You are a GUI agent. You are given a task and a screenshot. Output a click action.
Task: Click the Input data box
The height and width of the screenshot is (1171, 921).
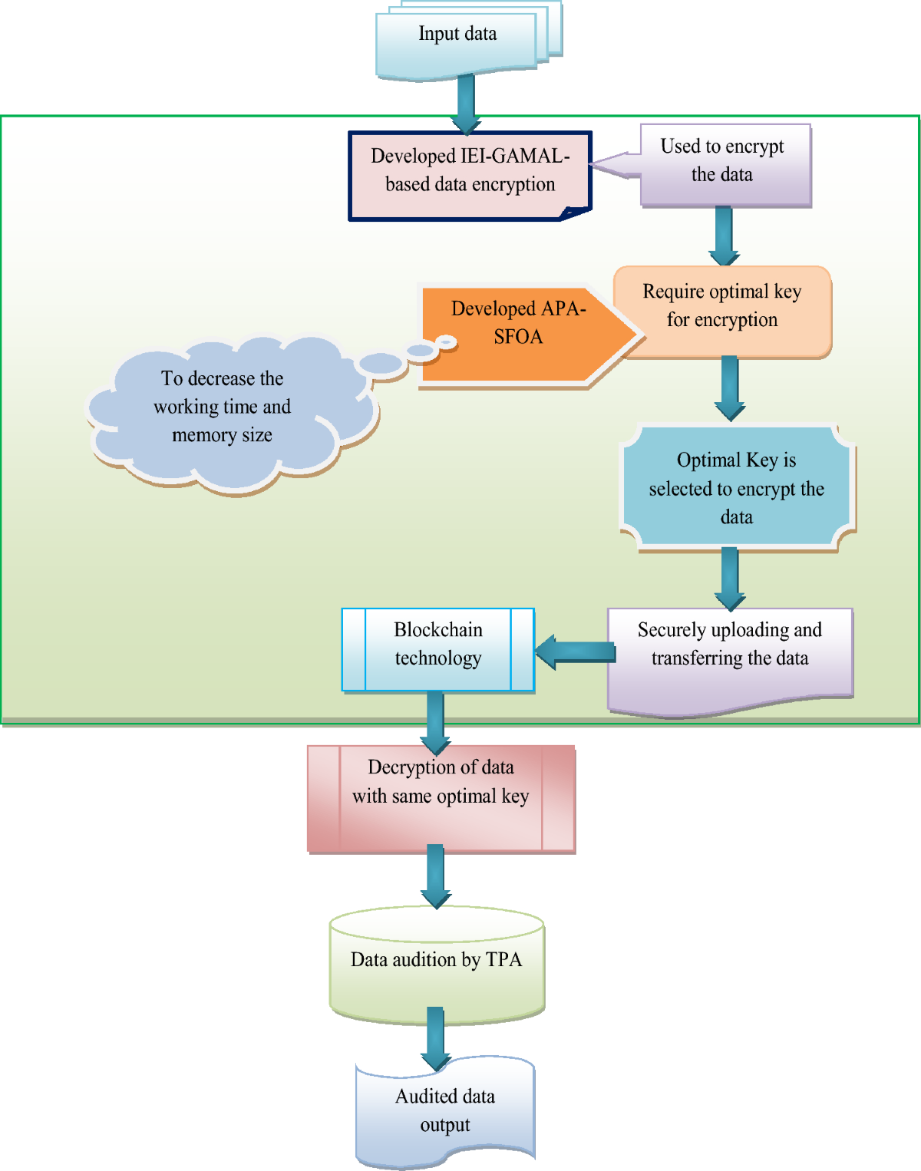tap(457, 42)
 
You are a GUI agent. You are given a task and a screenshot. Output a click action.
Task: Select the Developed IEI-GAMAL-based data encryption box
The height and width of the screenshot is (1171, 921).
tap(470, 175)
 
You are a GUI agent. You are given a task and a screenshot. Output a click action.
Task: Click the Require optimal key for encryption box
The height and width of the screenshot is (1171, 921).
tap(722, 310)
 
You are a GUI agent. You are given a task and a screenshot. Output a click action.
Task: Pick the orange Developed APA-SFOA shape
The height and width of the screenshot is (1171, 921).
tap(518, 334)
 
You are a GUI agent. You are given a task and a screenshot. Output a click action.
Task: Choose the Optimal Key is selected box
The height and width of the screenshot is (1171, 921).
tap(736, 488)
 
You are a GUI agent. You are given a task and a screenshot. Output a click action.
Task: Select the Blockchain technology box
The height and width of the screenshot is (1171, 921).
tap(437, 649)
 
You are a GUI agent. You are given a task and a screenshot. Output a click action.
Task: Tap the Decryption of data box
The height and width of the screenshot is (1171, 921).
tap(441, 798)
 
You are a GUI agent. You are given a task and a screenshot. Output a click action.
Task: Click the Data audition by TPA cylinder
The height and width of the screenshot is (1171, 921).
tap(436, 967)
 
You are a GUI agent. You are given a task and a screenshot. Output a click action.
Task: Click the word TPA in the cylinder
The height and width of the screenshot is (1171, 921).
tap(503, 960)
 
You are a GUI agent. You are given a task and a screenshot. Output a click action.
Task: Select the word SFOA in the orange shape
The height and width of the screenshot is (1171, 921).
tap(518, 337)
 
